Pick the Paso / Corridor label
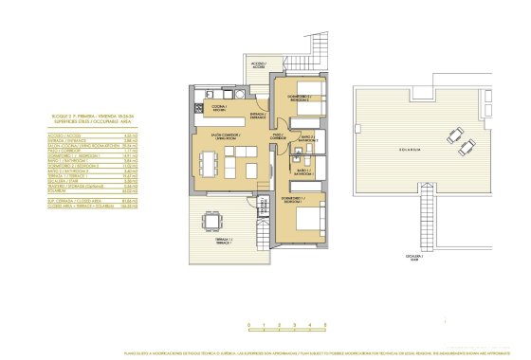point(279,135)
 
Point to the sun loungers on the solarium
point(461,144)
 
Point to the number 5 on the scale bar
point(325,326)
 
